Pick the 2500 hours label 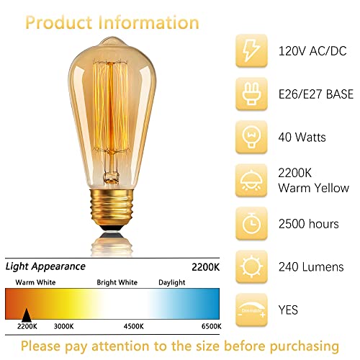[x=308, y=224]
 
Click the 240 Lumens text [x=310, y=267]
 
